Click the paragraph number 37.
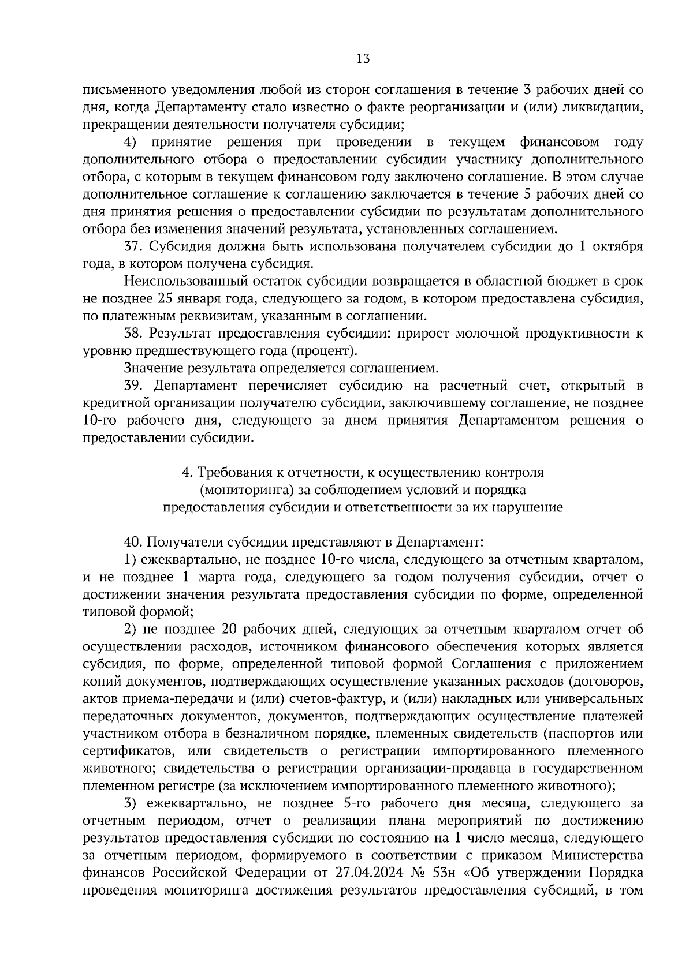click(x=133, y=246)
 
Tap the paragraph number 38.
click(x=133, y=333)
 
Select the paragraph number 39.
click(x=133, y=386)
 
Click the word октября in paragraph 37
click(x=620, y=246)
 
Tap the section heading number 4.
click(x=186, y=472)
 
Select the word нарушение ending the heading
click(x=528, y=507)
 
